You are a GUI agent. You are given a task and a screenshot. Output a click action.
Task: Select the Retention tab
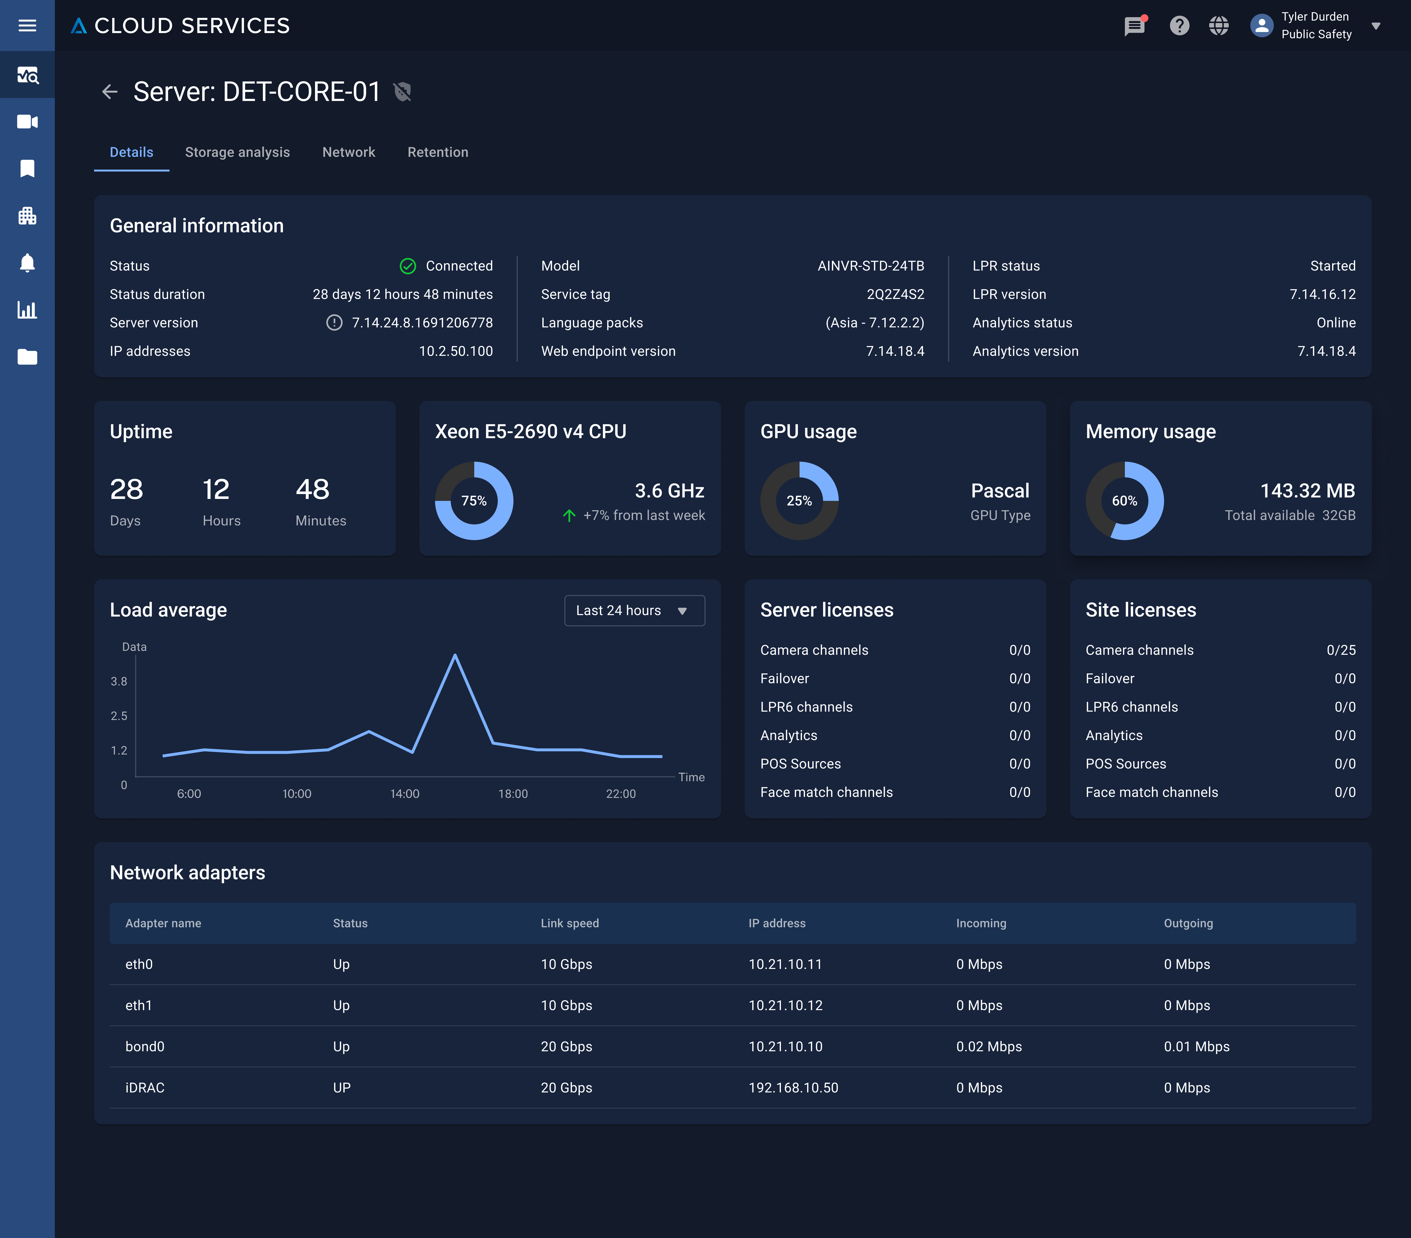click(438, 152)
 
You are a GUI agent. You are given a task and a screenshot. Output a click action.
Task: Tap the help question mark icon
click(1179, 25)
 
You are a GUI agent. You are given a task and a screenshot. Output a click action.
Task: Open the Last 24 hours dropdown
click(634, 610)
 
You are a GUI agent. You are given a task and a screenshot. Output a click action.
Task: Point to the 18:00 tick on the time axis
click(513, 793)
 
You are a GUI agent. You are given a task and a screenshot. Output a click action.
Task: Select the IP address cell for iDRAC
click(793, 1088)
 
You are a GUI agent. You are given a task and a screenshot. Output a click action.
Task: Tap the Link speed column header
click(570, 923)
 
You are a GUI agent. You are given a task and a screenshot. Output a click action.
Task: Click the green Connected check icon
click(408, 266)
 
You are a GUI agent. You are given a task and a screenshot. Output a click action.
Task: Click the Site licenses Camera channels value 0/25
click(1341, 650)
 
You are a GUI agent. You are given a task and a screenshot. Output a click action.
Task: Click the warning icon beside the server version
click(334, 322)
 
